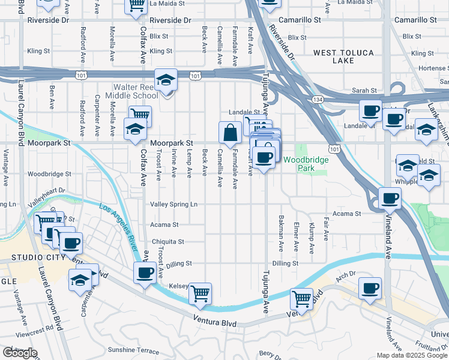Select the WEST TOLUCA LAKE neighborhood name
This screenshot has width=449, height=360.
pos(343,58)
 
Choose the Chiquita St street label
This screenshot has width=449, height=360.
pos(167,242)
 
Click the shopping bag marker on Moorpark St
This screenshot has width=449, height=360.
pos(230,133)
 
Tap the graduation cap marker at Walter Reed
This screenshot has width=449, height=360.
pos(166,80)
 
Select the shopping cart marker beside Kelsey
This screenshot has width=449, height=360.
pos(200,294)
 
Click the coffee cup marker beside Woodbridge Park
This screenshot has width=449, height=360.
pos(264,158)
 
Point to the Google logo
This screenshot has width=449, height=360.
pos(19,353)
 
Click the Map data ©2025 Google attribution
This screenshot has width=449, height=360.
pos(412,355)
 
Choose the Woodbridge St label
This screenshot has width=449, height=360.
pos(49,174)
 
